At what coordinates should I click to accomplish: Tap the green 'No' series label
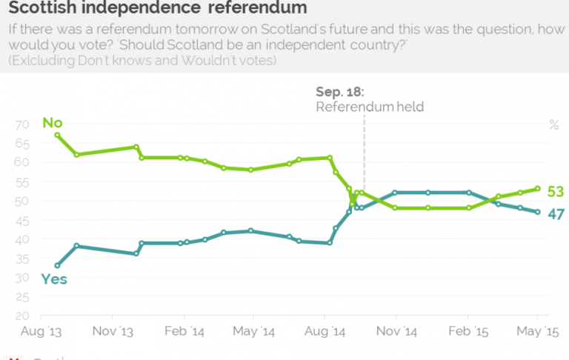coord(52,122)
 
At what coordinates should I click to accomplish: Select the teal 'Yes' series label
coord(54,279)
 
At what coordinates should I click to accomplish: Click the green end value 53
coord(556,192)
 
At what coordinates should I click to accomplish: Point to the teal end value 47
coord(556,215)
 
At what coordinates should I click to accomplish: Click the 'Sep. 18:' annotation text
coord(340,92)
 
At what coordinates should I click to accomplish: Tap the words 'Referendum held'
coord(370,107)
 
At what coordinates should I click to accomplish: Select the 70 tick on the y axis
coord(21,124)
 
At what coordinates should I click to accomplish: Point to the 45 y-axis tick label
coord(21,220)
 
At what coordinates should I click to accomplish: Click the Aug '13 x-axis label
coord(41,330)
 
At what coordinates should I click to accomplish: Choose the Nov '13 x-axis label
coord(113,330)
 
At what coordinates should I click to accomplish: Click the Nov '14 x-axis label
coord(396,330)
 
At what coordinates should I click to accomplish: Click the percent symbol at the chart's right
coord(553,124)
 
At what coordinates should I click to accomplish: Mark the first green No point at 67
coord(57,135)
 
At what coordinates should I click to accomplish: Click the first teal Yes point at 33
coord(57,265)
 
